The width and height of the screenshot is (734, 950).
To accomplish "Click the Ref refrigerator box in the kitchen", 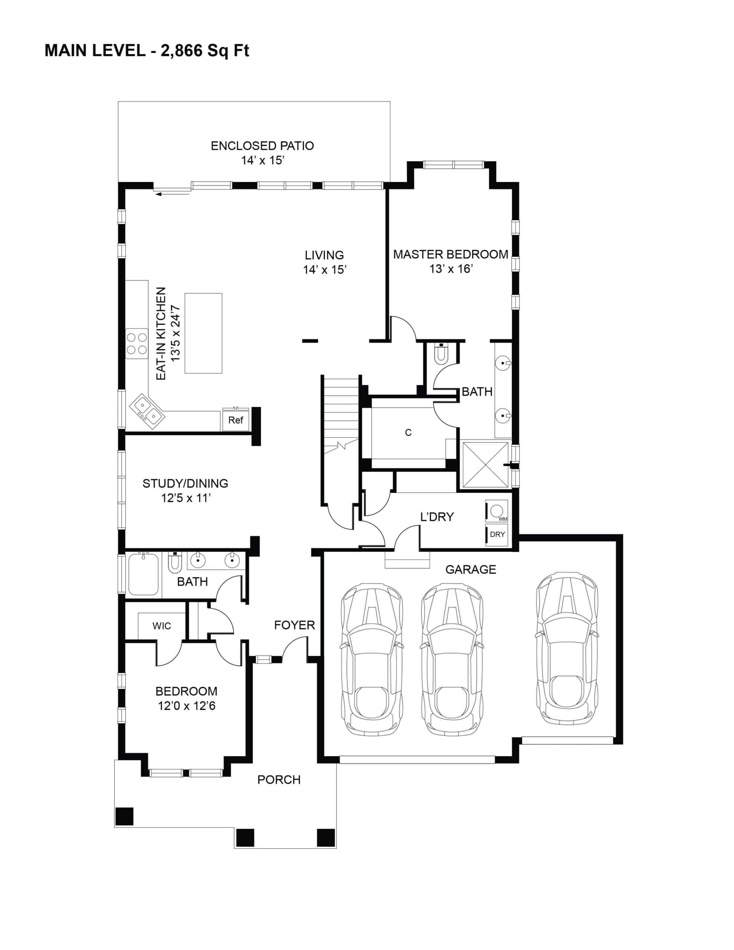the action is (x=235, y=419).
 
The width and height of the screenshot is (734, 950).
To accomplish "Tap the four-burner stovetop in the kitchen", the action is (x=137, y=344).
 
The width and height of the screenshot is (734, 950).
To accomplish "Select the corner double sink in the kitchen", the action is (x=147, y=411).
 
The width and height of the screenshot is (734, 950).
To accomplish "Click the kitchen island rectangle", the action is (x=203, y=333).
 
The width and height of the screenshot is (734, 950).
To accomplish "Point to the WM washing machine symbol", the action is (x=497, y=511).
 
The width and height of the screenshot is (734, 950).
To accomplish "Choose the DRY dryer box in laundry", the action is (x=497, y=535).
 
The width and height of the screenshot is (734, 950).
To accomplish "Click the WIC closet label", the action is (x=161, y=626).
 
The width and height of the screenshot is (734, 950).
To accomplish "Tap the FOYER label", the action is (x=294, y=625).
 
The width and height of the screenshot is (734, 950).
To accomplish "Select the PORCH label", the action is (x=279, y=780).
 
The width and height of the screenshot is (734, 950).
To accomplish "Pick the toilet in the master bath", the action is (x=441, y=353).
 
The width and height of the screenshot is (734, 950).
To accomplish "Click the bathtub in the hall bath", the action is (x=144, y=574).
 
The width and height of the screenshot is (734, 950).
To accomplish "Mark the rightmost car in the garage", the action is (x=567, y=648).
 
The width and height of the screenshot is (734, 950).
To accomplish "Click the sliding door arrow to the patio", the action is (x=172, y=194).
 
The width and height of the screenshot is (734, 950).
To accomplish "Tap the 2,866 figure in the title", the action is (x=181, y=51).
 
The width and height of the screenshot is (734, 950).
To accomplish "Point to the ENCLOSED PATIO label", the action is (x=262, y=146).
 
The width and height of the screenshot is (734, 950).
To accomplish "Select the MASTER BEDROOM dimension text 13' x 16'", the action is (x=451, y=269).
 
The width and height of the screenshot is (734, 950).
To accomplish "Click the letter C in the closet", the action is (x=408, y=432).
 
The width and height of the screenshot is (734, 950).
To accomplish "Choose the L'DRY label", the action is (x=437, y=517).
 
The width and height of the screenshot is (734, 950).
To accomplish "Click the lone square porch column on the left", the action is (x=124, y=816).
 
